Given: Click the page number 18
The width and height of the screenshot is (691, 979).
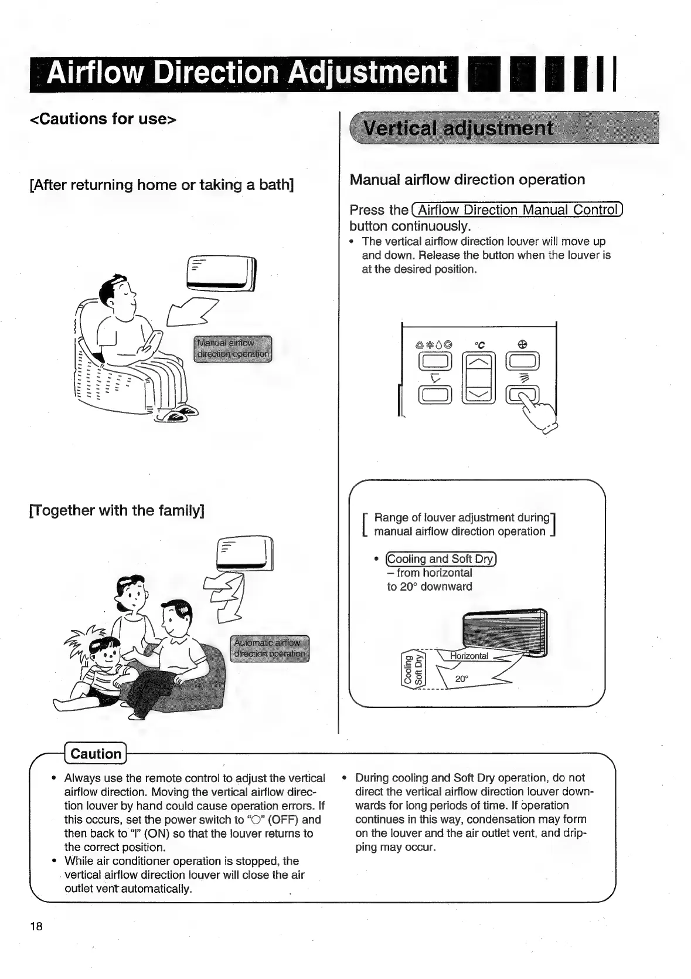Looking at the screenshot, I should pyautogui.click(x=36, y=926).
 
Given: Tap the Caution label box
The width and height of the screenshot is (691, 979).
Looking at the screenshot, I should pyautogui.click(x=96, y=754).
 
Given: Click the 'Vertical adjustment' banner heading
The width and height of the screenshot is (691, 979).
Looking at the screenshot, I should pyautogui.click(x=458, y=128).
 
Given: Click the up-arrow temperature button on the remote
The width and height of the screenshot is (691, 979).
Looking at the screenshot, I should pyautogui.click(x=479, y=364).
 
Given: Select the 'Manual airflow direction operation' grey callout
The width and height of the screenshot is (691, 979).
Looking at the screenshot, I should pyautogui.click(x=233, y=348).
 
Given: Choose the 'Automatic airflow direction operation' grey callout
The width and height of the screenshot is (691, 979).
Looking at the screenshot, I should pyautogui.click(x=270, y=648).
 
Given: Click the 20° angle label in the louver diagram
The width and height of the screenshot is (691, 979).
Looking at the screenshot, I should pyautogui.click(x=462, y=679).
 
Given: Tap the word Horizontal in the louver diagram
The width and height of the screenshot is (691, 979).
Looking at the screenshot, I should pyautogui.click(x=469, y=656).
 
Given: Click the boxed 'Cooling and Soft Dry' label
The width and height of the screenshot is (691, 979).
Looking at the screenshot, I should pyautogui.click(x=441, y=558).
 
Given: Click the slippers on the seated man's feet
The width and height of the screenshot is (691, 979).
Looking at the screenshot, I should pyautogui.click(x=176, y=414).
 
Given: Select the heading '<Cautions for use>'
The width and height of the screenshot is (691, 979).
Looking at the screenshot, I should pyautogui.click(x=103, y=118).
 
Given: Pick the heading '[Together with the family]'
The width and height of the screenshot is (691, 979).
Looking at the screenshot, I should pyautogui.click(x=117, y=510).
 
